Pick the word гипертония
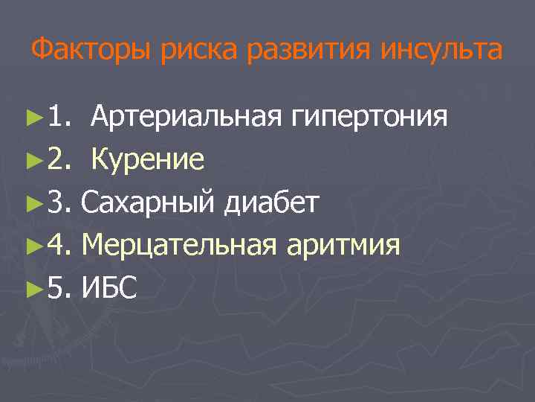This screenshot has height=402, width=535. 370,117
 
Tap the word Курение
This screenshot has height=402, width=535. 147,159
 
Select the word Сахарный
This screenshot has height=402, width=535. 149,201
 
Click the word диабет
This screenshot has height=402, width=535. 272,201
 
